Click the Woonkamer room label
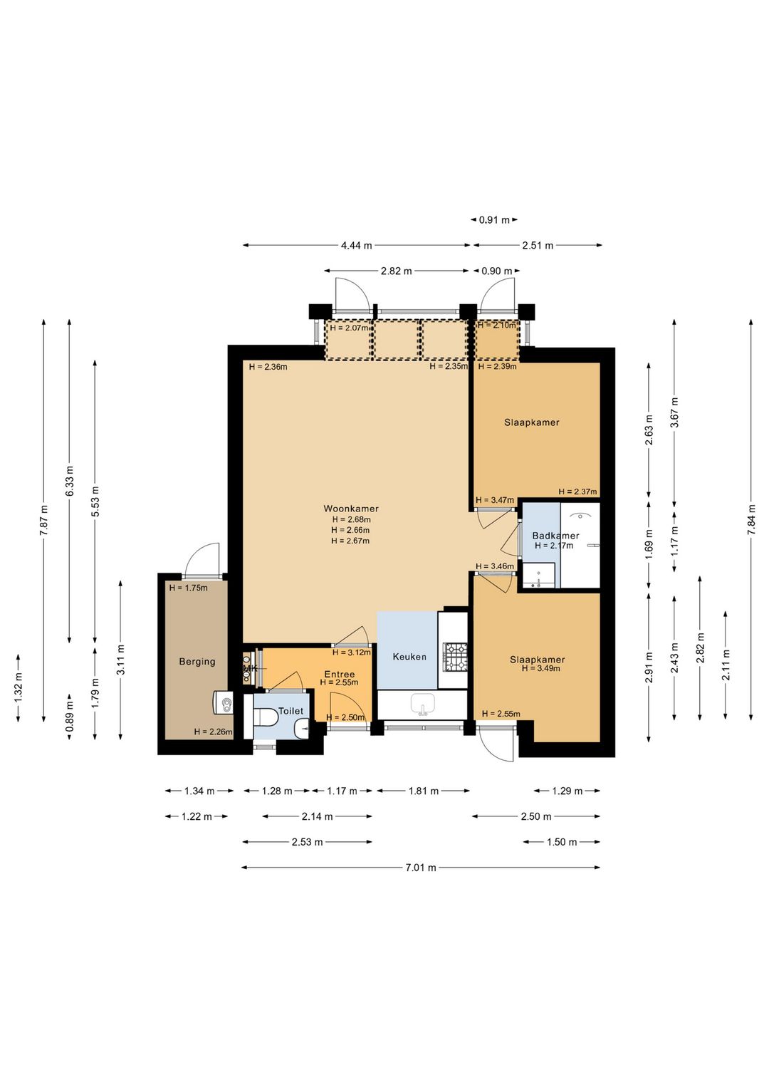pos(351,509)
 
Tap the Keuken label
pos(409,657)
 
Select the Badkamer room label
pos(555,536)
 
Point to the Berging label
pos(197,662)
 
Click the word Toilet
pos(291,711)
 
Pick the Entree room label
pos(339,674)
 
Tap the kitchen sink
pos(423,704)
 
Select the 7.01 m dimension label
pos(421,868)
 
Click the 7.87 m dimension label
pos(43,520)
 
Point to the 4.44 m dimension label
pos(356,246)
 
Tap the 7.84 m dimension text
pos(751,520)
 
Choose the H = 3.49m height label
pos(540,668)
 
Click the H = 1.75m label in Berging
pos(188,588)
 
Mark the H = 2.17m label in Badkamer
pos(554,546)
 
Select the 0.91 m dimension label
pos(494,220)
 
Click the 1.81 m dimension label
pos(423,791)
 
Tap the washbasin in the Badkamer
pos(538,576)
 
